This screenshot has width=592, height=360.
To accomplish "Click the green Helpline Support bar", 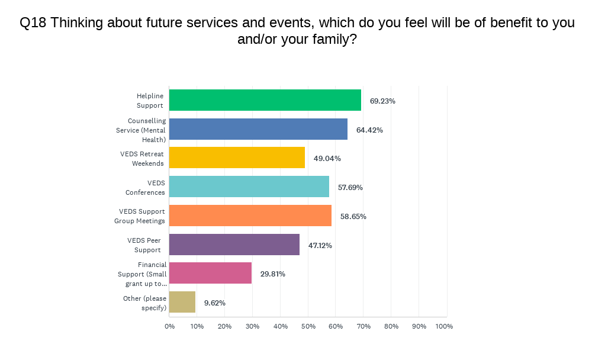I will (x=265, y=100).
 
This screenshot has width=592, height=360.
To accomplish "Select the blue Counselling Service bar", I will (x=258, y=129).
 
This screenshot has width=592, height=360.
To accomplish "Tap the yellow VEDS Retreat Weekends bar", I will (x=237, y=157).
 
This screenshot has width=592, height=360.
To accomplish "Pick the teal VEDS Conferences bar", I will (x=249, y=187).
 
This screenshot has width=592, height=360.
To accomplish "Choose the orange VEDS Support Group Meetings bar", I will (x=250, y=216).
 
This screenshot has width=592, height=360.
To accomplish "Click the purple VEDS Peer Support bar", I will (x=234, y=245).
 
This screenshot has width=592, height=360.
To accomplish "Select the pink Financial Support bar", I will (x=210, y=273).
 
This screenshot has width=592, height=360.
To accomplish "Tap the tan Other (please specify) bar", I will (x=182, y=302).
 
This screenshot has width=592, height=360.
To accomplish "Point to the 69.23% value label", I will (x=382, y=101).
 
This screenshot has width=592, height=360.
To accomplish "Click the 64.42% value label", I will (x=370, y=130).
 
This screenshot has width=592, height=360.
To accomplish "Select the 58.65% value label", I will (x=353, y=216).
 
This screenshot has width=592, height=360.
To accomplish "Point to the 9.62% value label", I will (x=215, y=303).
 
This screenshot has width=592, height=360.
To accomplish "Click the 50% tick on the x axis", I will (x=308, y=326).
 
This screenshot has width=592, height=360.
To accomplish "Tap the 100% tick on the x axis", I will (x=444, y=326).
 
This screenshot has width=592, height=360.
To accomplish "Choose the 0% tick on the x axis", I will (x=170, y=326).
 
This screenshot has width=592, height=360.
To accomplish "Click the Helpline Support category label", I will (x=150, y=101).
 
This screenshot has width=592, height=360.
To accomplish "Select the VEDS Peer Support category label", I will (x=144, y=245).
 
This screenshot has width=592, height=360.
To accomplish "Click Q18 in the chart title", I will (x=33, y=23).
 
